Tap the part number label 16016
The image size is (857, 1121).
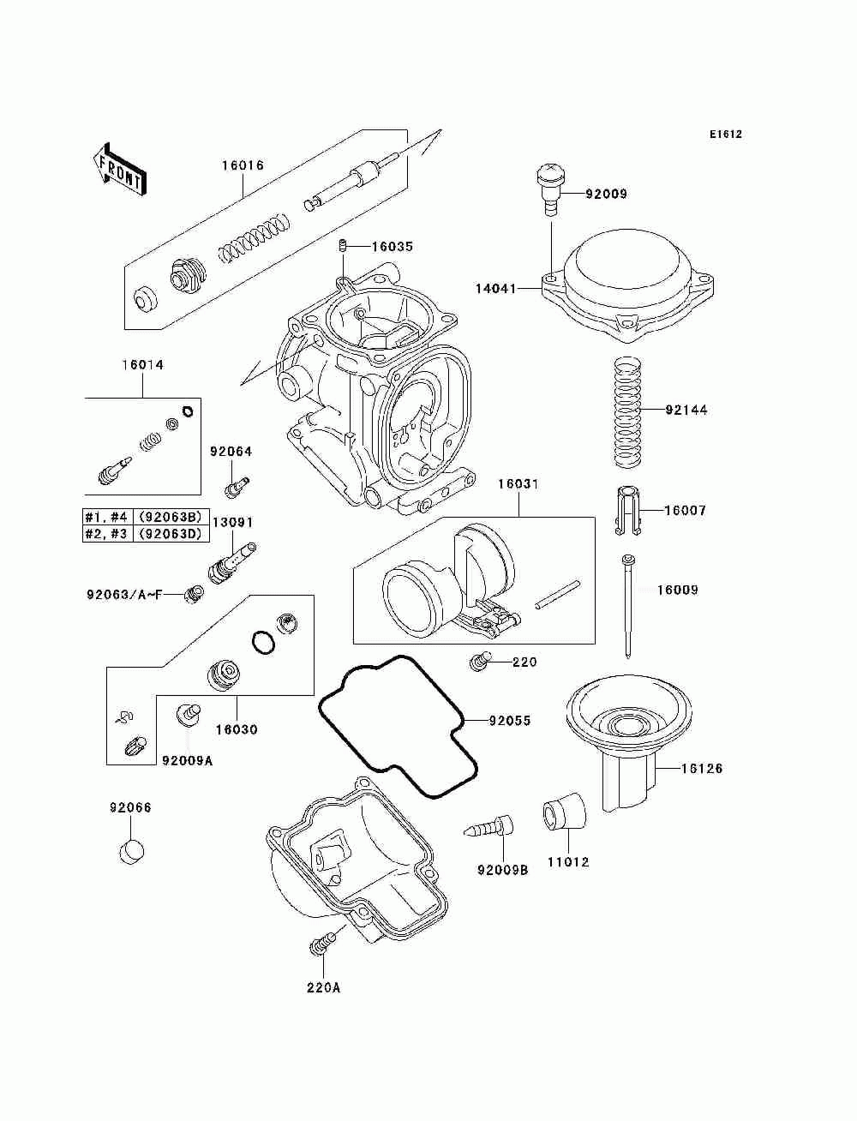coord(243,165)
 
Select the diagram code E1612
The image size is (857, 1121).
coord(725,135)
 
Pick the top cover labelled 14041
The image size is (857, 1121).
coord(627,285)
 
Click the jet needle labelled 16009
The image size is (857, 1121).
coord(627,606)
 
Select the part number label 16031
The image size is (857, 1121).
coord(518,483)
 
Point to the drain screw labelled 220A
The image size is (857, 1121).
coord(321,944)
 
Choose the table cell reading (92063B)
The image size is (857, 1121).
coord(171,516)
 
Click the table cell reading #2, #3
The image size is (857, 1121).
coord(106,534)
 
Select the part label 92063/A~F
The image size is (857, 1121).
coord(124,595)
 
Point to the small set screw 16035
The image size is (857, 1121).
coord(344,246)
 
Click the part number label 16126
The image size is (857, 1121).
coord(702,768)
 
